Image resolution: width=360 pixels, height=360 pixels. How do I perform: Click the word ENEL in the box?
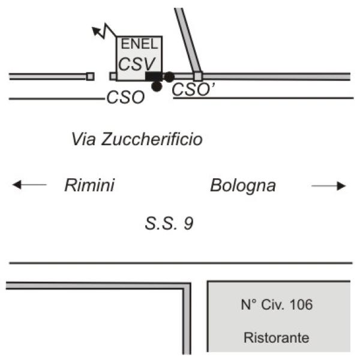pyautogui.click(x=140, y=44)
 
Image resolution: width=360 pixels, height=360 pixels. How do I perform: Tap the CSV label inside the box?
pyautogui.click(x=137, y=64)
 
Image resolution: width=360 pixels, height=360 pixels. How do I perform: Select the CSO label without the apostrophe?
pyautogui.click(x=125, y=97)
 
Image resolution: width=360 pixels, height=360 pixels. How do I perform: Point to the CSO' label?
pyautogui.click(x=193, y=89)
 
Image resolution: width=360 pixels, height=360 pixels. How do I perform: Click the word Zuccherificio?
pyautogui.click(x=152, y=139)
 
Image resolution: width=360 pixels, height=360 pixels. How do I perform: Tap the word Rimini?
pyautogui.click(x=89, y=185)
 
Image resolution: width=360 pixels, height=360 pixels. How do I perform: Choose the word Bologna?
pyautogui.click(x=243, y=185)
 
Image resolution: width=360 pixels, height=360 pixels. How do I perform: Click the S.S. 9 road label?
pyautogui.click(x=169, y=223)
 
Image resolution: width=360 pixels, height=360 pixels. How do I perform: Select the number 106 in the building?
pyautogui.click(x=301, y=304)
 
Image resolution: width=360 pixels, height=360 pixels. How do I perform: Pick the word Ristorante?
pyautogui.click(x=277, y=337)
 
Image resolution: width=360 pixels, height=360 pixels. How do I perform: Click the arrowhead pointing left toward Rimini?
pyautogui.click(x=17, y=185)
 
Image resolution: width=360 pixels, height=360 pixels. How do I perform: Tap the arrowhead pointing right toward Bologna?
pyautogui.click(x=341, y=186)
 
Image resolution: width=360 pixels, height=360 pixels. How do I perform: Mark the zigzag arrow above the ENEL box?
pyautogui.click(x=104, y=31)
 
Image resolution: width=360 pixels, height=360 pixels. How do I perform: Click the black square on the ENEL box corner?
pyautogui.click(x=154, y=76)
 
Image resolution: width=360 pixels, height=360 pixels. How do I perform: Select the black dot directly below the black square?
pyautogui.click(x=157, y=86)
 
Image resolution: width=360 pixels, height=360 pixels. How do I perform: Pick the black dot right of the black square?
pyautogui.click(x=169, y=77)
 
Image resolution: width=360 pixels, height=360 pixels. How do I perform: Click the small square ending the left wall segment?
pyautogui.click(x=90, y=76)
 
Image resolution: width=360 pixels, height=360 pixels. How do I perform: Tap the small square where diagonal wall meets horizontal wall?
pyautogui.click(x=198, y=76)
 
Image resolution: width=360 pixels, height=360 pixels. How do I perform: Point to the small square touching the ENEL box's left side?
pyautogui.click(x=113, y=76)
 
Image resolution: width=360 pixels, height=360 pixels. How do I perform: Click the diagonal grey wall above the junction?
pyautogui.click(x=188, y=40)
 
